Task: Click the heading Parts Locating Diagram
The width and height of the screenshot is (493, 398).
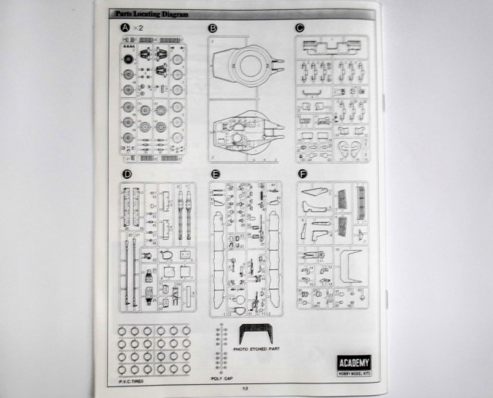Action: coord(146,14)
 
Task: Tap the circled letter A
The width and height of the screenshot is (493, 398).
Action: coord(126,29)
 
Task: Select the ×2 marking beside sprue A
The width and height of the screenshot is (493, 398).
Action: coord(137,29)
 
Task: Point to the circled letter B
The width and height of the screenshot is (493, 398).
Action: coord(213,29)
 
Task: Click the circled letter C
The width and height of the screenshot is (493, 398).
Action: coord(300,29)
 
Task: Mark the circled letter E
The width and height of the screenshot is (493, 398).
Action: coord(215,174)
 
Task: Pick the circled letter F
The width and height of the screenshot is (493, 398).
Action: coord(301,174)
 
